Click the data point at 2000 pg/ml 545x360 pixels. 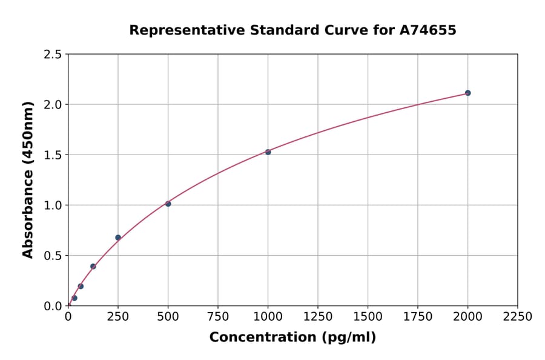pos(467,93)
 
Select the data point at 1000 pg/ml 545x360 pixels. pos(268,152)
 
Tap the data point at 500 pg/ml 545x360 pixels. pos(168,204)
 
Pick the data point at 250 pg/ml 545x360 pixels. pos(118,238)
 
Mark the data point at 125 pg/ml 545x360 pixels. pos(93,266)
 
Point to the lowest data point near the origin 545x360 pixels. pos(74,298)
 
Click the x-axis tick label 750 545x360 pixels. pos(218,316)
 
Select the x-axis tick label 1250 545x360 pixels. pos(318,316)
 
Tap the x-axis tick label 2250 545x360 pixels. pos(518,316)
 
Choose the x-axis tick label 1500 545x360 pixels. pos(368,316)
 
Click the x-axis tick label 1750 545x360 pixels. pos(418,316)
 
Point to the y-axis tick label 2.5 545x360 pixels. pos(52,55)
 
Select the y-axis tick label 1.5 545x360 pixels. pos(52,155)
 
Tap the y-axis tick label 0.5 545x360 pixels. pos(52,256)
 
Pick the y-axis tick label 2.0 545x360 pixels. pos(52,105)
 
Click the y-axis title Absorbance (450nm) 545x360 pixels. pos(28,180)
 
